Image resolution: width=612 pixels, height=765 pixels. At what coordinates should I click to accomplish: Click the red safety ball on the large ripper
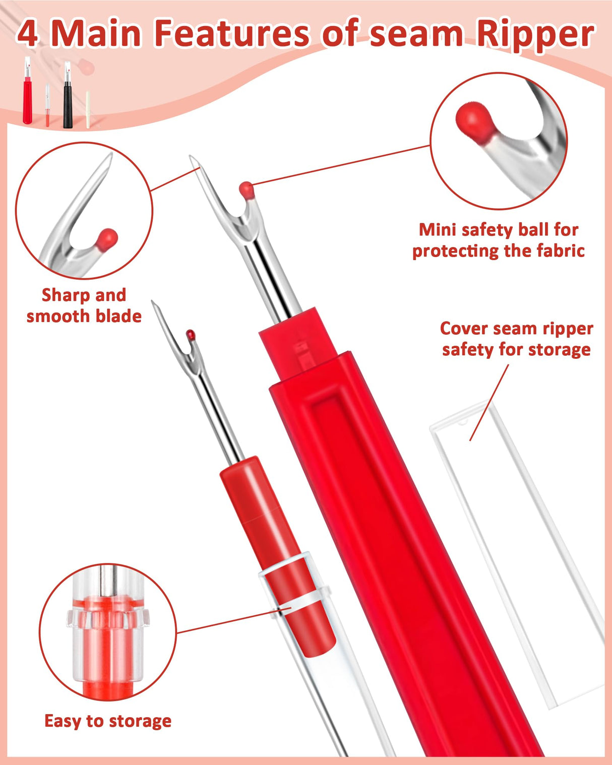247,189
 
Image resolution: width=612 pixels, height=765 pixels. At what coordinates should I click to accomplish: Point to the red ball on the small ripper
191,334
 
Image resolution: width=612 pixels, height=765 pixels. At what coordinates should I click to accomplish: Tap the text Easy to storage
108,721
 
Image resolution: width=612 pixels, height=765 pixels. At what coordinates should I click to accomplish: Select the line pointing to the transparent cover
489,403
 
